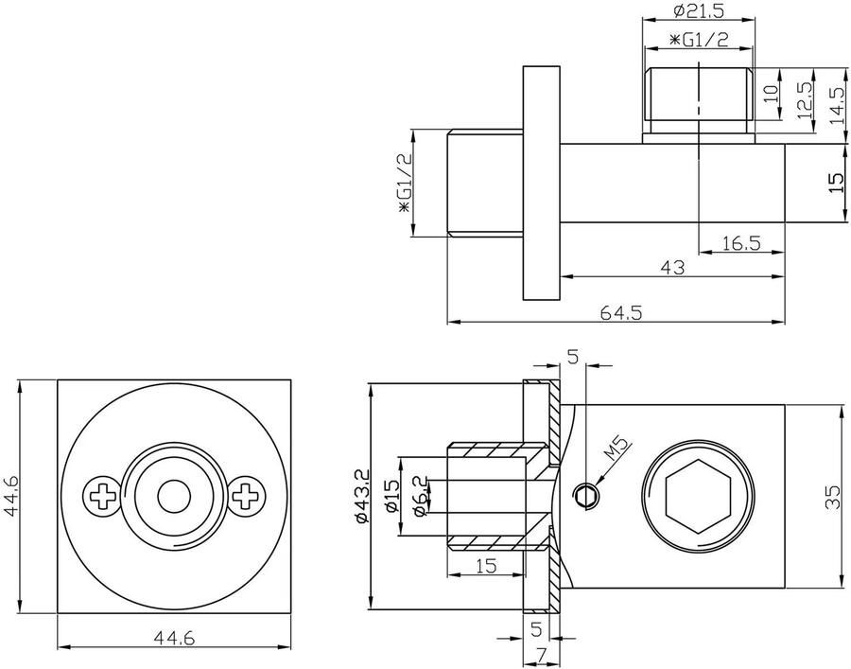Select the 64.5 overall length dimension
tap(620, 313)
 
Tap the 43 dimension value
tap(670, 268)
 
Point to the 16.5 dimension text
tap(740, 243)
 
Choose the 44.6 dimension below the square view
tap(174, 639)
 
